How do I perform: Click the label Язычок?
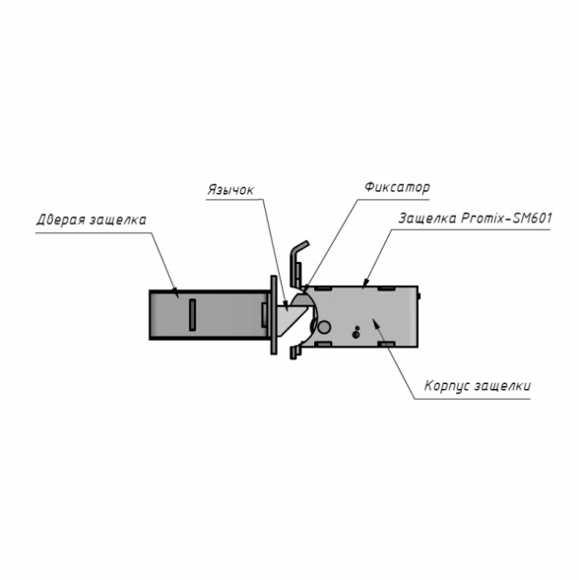tap(230, 190)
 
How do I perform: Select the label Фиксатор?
tap(397, 187)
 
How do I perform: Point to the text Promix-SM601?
tap(506, 218)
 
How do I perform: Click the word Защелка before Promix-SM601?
tap(427, 219)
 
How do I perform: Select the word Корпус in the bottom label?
tap(447, 385)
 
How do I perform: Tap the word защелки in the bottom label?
tap(503, 386)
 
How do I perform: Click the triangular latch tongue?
tap(289, 319)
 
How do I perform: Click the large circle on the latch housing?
tap(324, 327)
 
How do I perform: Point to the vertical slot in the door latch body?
tap(192, 315)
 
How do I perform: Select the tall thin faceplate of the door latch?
tap(274, 315)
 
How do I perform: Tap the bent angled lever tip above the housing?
tap(299, 247)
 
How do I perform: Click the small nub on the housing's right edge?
tap(419, 296)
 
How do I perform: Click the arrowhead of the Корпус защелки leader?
tap(376, 322)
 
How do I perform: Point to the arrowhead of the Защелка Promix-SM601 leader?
tap(364, 282)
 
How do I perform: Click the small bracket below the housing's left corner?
tap(295, 352)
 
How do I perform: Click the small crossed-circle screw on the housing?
tap(355, 335)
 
